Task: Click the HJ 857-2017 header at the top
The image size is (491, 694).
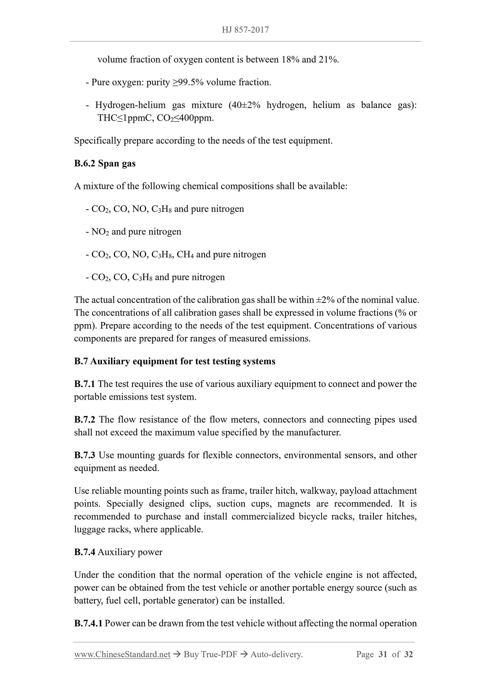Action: tap(245, 30)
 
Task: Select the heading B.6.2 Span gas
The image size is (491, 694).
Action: tap(105, 164)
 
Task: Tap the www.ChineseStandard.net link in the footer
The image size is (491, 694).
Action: tap(122, 654)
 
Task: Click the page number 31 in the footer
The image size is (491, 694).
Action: tap(383, 654)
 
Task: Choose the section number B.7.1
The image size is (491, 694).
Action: tap(85, 384)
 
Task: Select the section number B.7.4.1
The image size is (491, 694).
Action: tap(88, 623)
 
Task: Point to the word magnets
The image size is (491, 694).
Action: tap(294, 504)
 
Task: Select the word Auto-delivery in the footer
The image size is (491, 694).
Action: tap(276, 654)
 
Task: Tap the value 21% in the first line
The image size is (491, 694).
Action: tap(328, 60)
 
